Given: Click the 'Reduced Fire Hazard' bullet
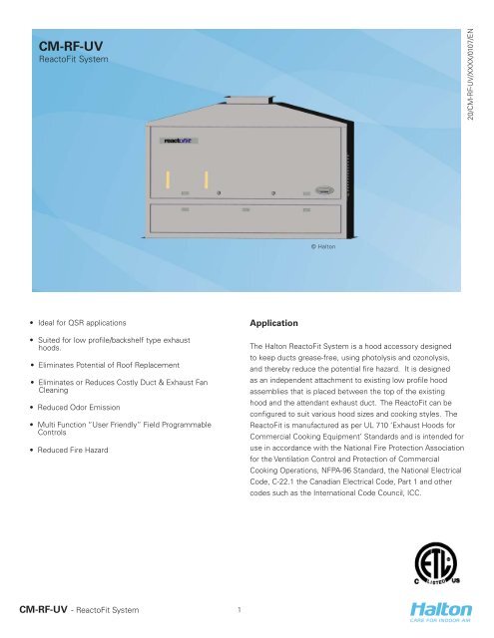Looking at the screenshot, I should (x=83, y=450).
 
